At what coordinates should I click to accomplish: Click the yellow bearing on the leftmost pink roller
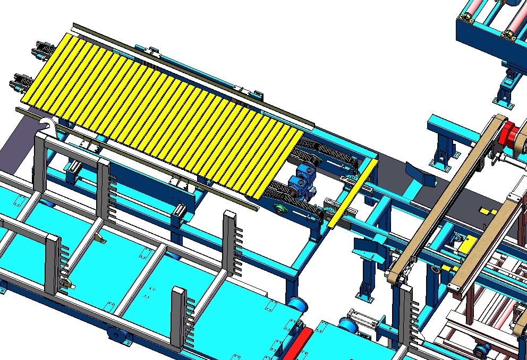(x=467, y=19)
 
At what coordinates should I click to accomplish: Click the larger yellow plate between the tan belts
(x=466, y=245)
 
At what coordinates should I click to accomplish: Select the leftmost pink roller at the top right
(x=475, y=8)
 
